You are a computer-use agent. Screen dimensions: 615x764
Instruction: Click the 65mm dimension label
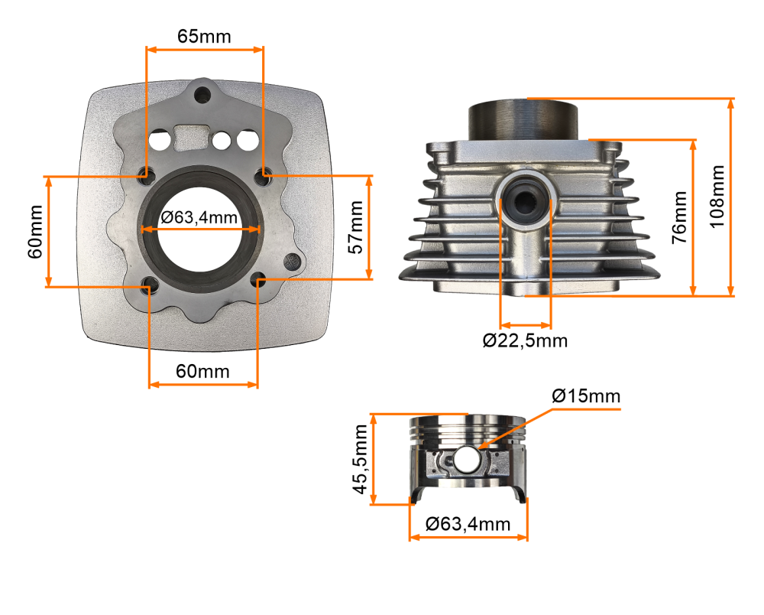coord(204,36)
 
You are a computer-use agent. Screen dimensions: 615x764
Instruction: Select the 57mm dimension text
coord(357,227)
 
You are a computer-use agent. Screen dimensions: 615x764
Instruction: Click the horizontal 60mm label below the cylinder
coord(202,371)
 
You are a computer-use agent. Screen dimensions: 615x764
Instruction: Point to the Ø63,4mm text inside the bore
coord(199,217)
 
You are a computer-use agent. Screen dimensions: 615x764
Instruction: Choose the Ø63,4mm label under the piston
coord(468,524)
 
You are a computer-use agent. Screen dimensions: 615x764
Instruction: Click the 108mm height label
coord(717,197)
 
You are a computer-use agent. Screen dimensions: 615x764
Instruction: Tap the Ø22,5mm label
coord(525,340)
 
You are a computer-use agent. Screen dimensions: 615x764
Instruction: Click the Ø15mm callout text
coord(585,396)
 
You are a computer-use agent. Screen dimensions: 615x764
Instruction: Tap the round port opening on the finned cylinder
coord(525,200)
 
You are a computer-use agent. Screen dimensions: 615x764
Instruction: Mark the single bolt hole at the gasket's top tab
coord(202,96)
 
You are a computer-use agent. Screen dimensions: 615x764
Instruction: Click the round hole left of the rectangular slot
coord(160,141)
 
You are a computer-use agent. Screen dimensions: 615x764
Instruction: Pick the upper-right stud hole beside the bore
coord(264,174)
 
